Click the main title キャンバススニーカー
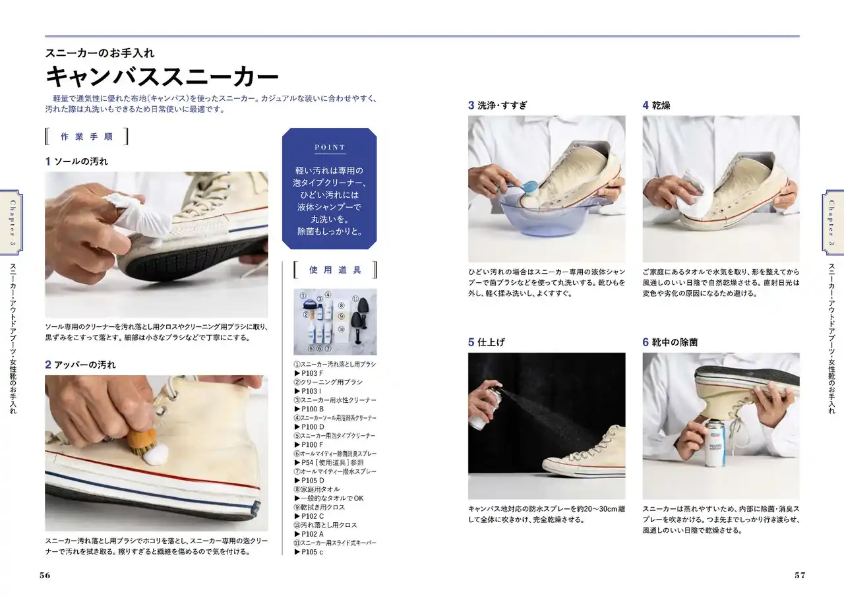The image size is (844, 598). [162, 76]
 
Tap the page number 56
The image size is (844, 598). [45, 575]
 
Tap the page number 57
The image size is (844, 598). [800, 575]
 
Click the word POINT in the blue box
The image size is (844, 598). [330, 147]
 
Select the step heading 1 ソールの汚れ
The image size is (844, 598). [76, 162]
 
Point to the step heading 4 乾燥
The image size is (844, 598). [656, 105]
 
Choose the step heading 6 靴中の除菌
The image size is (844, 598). [670, 342]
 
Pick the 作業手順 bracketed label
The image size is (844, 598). [86, 136]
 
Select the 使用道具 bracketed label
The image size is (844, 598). [336, 270]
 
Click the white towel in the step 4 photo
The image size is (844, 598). [692, 200]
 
